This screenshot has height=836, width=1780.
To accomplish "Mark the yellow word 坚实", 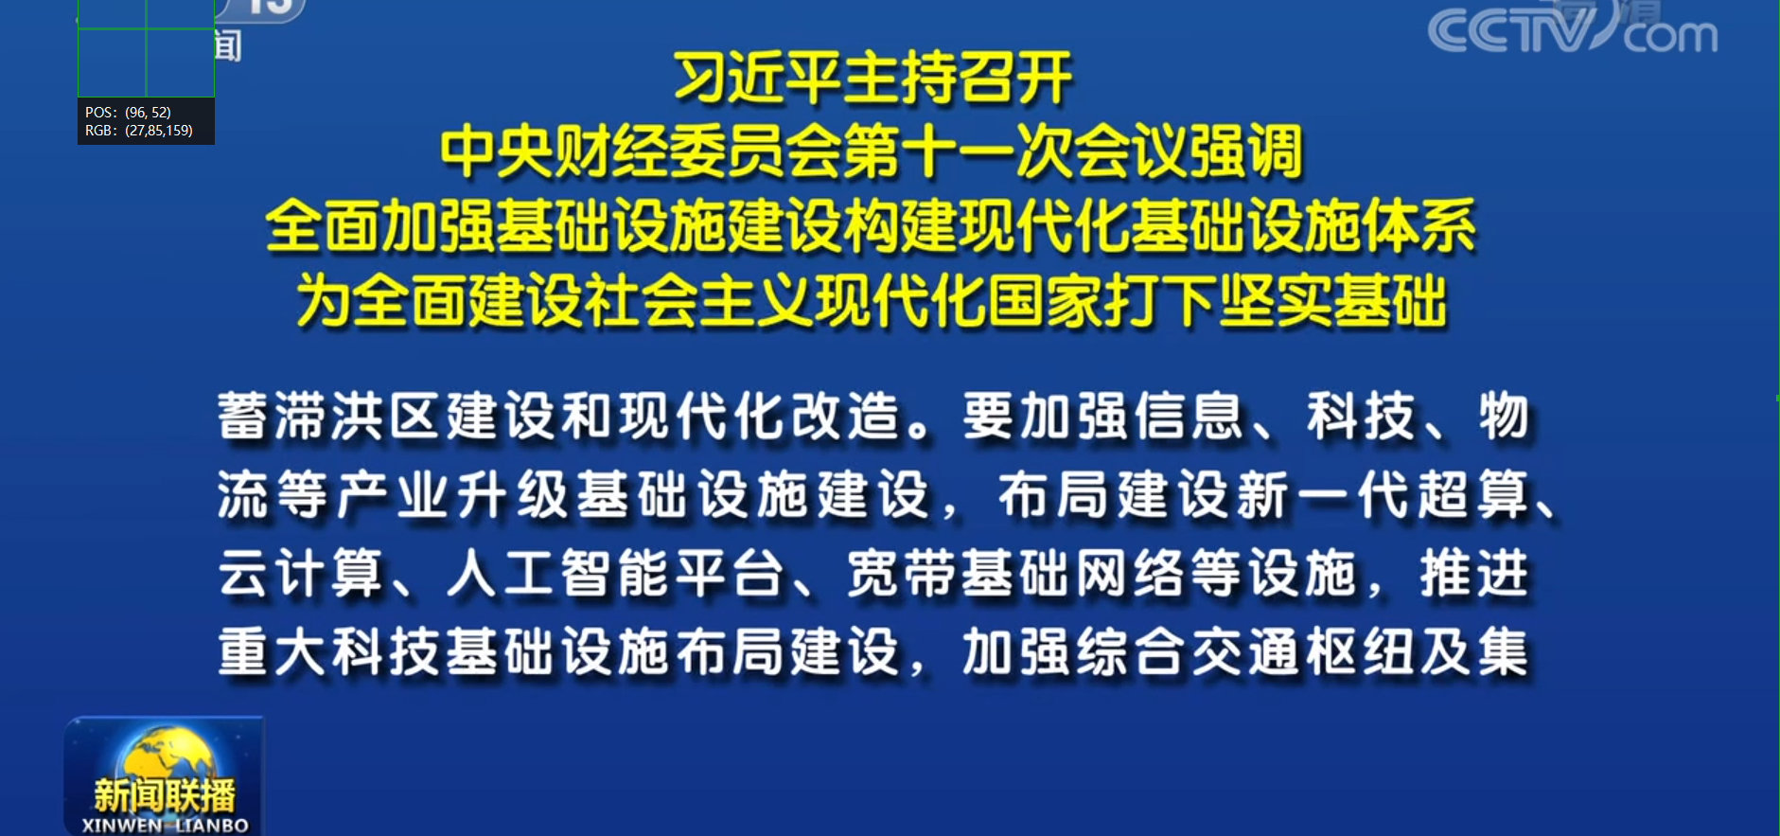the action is pos(1276,301).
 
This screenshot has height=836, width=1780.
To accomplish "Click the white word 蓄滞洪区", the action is pos(330,417).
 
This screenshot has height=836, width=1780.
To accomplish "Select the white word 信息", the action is pos(1189,417).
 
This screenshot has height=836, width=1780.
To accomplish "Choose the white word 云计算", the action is pos(301,574).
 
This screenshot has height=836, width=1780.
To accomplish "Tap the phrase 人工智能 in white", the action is pos(558,574).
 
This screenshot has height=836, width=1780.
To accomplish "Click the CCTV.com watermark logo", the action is pos(1573,30).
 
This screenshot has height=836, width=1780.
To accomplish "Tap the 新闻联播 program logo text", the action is pos(165,794).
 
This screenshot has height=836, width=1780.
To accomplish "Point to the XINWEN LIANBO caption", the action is pos(165,826).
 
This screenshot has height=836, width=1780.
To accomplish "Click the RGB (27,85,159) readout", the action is pos(139,131).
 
